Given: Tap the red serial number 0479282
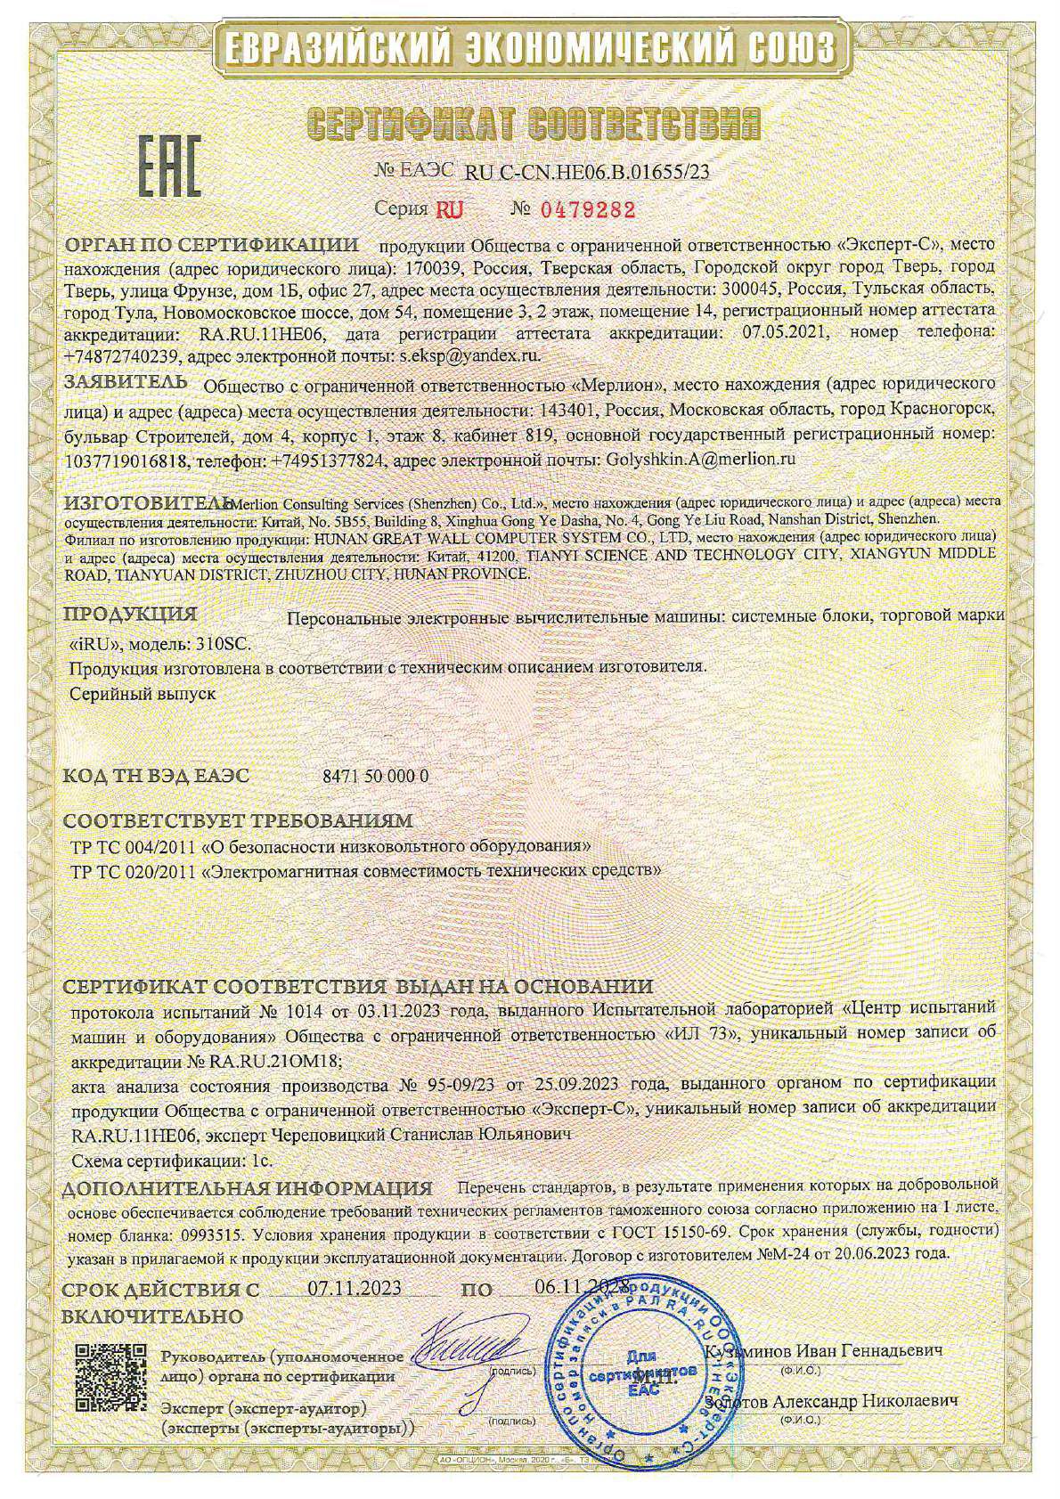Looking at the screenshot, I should coord(585,210).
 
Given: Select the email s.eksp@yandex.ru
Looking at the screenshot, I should coord(467,354).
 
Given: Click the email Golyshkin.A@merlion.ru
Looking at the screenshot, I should coord(687,460).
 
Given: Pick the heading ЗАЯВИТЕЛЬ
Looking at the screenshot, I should coord(125,383).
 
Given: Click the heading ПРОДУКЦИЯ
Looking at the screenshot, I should coord(131,615).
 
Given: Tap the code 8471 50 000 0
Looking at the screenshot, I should coord(373,776).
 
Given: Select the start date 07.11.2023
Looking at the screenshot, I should coord(354,1288).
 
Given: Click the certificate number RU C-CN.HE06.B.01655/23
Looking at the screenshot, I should coord(587,173).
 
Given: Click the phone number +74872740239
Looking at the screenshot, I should coord(123,354).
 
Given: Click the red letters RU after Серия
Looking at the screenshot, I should coord(444,210).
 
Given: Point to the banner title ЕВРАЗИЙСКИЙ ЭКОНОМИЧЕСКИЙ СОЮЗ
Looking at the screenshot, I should coord(530,45).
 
